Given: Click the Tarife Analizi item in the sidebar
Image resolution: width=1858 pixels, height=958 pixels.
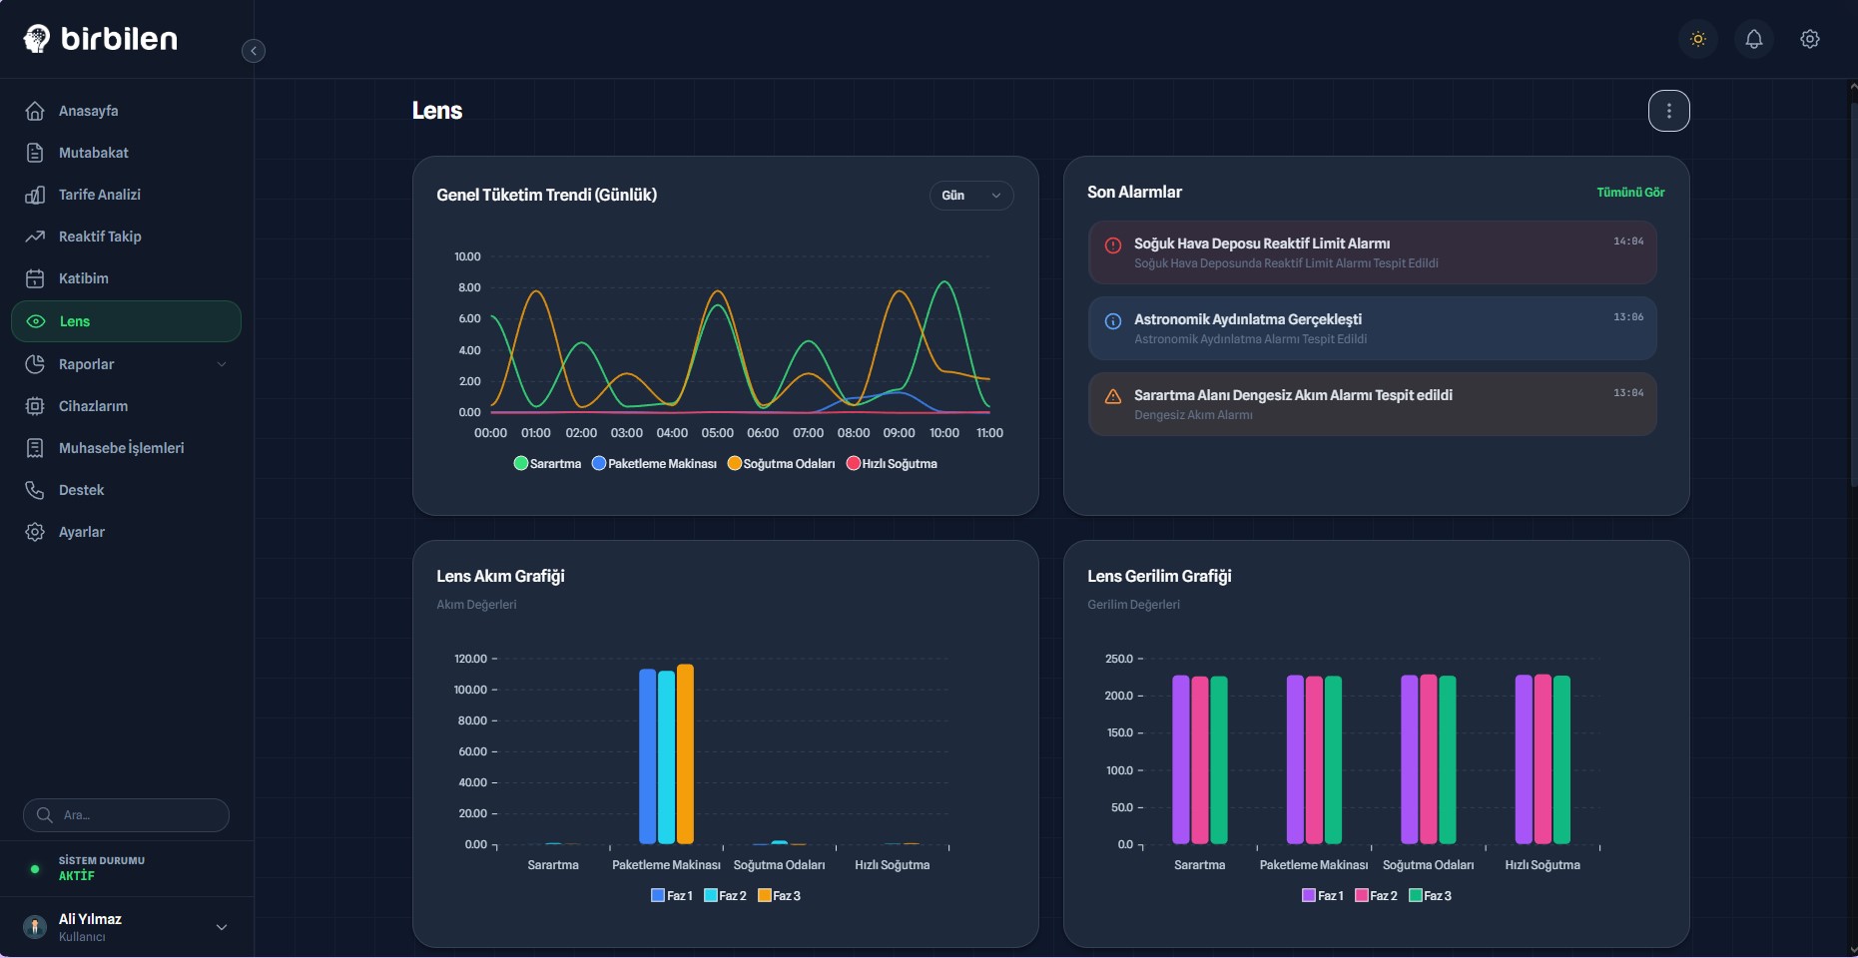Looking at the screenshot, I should click(99, 195).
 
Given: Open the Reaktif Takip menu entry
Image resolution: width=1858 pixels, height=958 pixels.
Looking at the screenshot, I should click(99, 237).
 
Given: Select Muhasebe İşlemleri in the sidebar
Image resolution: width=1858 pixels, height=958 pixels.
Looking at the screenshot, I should click(121, 448).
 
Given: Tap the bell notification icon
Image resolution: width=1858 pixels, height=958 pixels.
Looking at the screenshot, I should click(1753, 39).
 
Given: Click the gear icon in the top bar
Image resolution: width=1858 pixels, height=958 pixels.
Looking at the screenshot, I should click(1809, 39).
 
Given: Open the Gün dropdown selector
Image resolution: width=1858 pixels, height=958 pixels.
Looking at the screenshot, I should click(970, 196).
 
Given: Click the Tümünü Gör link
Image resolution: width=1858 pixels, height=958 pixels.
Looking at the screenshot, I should click(1629, 193).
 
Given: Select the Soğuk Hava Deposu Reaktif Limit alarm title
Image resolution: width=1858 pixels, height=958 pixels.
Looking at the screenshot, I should click(1261, 243).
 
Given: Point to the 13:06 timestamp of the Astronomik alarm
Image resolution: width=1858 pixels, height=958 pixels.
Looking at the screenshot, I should click(1627, 317).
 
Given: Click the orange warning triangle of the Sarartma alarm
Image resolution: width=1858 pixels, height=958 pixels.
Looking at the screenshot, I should click(1112, 396).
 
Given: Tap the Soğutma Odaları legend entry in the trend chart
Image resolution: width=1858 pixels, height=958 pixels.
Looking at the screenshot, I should click(782, 464).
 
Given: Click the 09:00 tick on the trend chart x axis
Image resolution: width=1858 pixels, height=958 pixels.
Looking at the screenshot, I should click(899, 433).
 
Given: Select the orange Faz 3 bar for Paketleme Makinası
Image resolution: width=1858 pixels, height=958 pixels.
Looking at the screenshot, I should click(685, 753).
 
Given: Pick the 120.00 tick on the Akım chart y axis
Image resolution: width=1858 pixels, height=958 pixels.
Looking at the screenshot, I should click(470, 659).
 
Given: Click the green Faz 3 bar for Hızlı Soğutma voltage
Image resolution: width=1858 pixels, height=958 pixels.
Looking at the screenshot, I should click(1561, 759).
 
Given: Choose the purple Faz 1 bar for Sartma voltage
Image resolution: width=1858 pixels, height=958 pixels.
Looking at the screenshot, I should click(1180, 759).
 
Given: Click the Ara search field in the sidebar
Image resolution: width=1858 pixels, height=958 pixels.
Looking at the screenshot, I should click(127, 815).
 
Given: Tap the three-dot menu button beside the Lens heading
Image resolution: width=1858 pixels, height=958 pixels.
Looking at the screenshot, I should click(1668, 111).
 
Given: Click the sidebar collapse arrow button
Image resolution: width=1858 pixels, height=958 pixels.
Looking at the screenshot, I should click(254, 51).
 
